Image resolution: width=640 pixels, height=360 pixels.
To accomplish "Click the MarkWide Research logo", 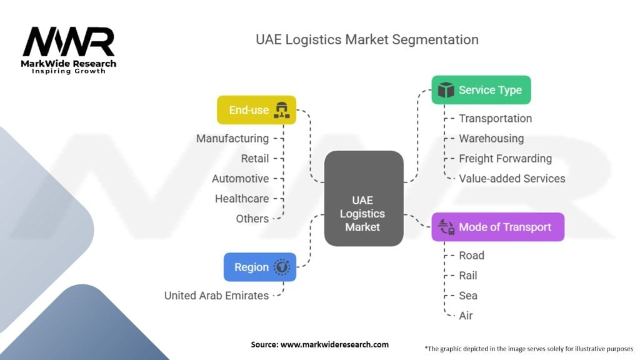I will pyautogui.click(x=69, y=49).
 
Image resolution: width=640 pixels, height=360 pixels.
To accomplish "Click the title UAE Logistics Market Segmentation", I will pyautogui.click(x=367, y=40).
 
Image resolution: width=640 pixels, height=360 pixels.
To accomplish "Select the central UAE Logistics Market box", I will pyautogui.click(x=363, y=198).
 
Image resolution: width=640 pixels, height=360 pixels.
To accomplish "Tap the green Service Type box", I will pyautogui.click(x=481, y=90).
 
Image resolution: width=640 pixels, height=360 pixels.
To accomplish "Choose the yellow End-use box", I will pyautogui.click(x=256, y=110).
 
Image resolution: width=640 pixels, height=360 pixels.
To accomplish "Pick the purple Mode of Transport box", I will pyautogui.click(x=497, y=227).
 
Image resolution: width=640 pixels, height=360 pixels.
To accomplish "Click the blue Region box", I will pyautogui.click(x=259, y=267).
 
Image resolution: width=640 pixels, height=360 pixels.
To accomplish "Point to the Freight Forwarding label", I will pyautogui.click(x=505, y=158).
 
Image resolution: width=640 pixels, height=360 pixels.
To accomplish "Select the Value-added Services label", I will pyautogui.click(x=512, y=178).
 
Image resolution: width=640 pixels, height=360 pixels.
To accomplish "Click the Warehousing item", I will pyautogui.click(x=491, y=138).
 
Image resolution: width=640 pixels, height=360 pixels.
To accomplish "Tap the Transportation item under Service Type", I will pyautogui.click(x=495, y=118).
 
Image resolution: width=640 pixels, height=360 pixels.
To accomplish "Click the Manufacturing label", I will pyautogui.click(x=232, y=138).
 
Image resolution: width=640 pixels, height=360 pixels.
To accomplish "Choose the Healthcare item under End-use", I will pyautogui.click(x=242, y=198).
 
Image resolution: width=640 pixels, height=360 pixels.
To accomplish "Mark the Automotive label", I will pyautogui.click(x=240, y=178).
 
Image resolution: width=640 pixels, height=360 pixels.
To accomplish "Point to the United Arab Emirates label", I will pyautogui.click(x=216, y=295).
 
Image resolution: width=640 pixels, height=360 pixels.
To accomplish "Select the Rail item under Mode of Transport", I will pyautogui.click(x=467, y=275).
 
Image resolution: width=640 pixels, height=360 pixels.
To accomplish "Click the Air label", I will pyautogui.click(x=466, y=315).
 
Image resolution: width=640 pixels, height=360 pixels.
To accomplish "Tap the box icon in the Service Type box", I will pyautogui.click(x=446, y=90).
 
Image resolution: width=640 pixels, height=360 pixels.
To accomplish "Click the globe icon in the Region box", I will pyautogui.click(x=282, y=267).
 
